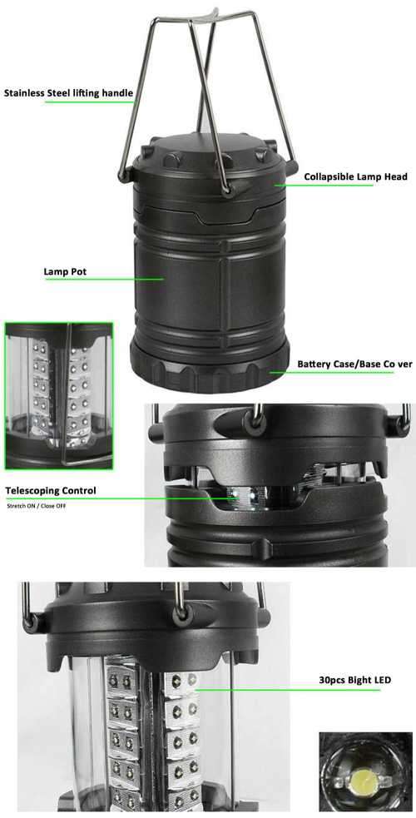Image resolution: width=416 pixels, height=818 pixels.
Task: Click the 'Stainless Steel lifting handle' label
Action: (67, 92)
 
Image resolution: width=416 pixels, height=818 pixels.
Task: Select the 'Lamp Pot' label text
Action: (65, 271)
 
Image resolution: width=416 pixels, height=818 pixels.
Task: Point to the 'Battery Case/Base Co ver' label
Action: (350, 364)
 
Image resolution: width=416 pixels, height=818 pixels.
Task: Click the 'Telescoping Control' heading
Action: (51, 490)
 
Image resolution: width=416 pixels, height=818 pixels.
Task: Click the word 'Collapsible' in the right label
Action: (329, 176)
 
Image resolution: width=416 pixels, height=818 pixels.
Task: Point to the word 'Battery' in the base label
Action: (315, 364)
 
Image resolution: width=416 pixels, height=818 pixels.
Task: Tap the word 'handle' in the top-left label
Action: (116, 92)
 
